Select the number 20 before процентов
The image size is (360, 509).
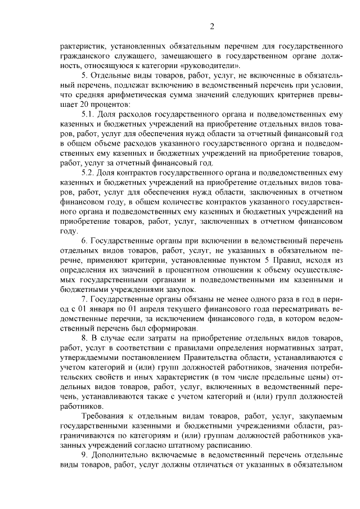(x=81, y=105)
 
